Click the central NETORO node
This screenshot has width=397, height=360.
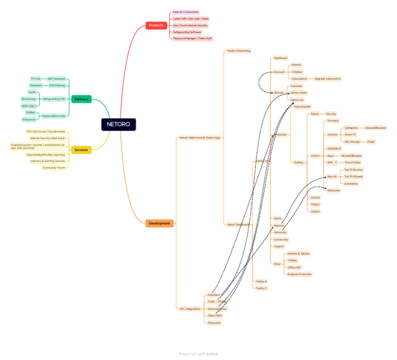point(119,124)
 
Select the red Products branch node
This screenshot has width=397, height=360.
point(156,25)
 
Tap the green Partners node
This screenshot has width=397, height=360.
point(81,99)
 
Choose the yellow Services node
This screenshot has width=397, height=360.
point(81,150)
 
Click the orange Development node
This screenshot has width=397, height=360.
point(159,223)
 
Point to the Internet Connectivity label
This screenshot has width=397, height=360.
point(186,12)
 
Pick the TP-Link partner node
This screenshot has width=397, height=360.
point(35,79)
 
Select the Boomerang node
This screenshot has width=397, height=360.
point(28,99)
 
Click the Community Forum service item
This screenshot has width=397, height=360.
point(54,167)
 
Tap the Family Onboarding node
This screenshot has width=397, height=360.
point(239,51)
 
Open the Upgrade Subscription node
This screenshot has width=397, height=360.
point(327,79)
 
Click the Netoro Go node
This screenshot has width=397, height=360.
point(297,99)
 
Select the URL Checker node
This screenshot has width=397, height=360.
point(352,141)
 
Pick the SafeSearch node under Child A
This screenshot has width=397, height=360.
point(334,148)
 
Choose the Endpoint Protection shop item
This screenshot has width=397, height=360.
point(299,274)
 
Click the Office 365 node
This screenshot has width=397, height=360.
point(295,268)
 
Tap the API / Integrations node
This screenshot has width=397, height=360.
point(190,309)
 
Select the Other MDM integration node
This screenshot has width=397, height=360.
point(215,316)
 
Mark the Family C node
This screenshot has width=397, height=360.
point(262,288)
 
